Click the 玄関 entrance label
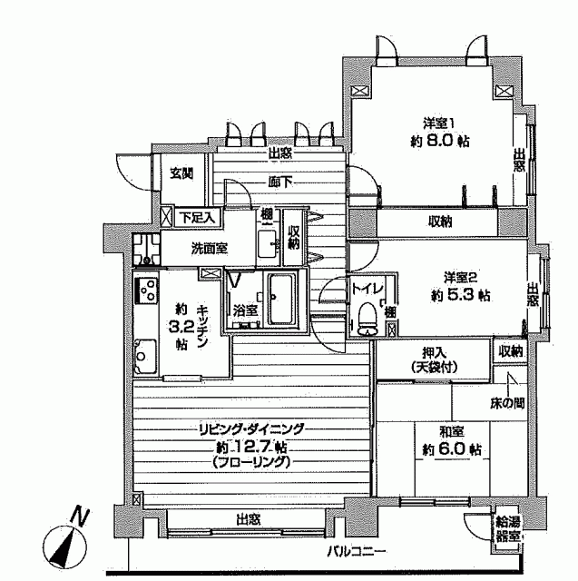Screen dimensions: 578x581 tap(181, 173)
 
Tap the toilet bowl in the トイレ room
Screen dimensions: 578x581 tap(367, 319)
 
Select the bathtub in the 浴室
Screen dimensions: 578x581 tap(282, 300)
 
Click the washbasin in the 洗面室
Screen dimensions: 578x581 tap(268, 243)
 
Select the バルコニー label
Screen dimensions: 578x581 tap(357, 552)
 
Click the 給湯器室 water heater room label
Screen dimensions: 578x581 tap(508, 530)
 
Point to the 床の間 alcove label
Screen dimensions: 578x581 tap(507, 404)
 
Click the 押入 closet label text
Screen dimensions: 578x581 tap(434, 353)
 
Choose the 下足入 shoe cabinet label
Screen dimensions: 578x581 tap(199, 217)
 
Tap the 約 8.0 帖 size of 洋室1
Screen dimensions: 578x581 tap(440, 142)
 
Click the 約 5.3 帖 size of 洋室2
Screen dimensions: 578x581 tap(461, 295)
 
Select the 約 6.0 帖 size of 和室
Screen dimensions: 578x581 tap(452, 449)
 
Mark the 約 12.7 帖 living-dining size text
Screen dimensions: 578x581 tap(251, 448)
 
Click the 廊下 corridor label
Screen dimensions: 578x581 tap(280, 182)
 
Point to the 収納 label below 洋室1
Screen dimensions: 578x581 tap(440, 222)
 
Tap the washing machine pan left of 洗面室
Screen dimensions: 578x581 tap(146, 250)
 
